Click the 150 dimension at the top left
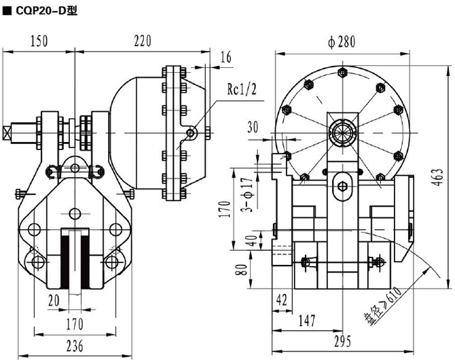[39, 41]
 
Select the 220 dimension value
[141, 41]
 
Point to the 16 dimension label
[226, 58]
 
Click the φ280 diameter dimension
[341, 41]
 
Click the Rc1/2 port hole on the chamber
[193, 134]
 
